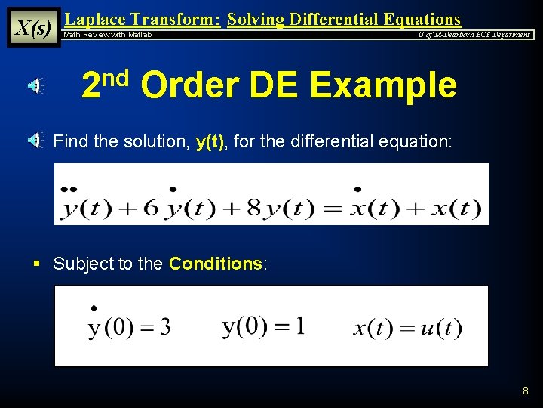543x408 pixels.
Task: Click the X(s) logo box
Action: coord(33,28)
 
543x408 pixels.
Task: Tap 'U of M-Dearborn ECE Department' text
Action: coord(474,35)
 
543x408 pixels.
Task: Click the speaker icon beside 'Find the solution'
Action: coord(35,140)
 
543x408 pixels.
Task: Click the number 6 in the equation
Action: coord(151,206)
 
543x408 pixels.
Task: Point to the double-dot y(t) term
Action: coord(84,205)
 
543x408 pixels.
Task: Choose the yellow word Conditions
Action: coord(215,264)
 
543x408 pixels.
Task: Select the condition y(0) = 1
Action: coord(264,326)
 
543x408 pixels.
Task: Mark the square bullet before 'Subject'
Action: coord(35,264)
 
